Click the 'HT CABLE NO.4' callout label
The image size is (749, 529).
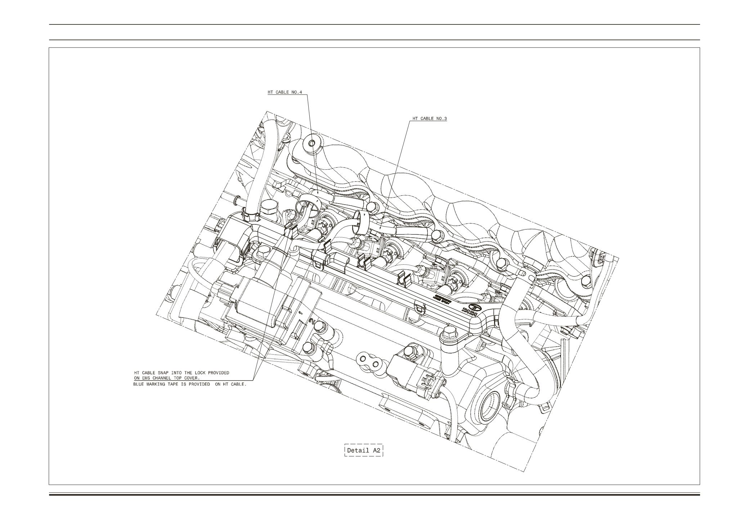pyautogui.click(x=284, y=92)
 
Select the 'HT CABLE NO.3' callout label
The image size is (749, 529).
pyautogui.click(x=430, y=118)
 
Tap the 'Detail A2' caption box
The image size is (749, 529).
pyautogui.click(x=364, y=450)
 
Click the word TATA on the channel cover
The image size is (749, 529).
pyautogui.click(x=470, y=312)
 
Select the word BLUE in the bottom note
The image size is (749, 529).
pyautogui.click(x=139, y=384)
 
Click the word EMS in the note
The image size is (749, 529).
pyautogui.click(x=146, y=378)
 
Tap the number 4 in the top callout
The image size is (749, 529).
pyautogui.click(x=300, y=92)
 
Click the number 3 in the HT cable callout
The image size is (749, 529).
pyautogui.click(x=445, y=118)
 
